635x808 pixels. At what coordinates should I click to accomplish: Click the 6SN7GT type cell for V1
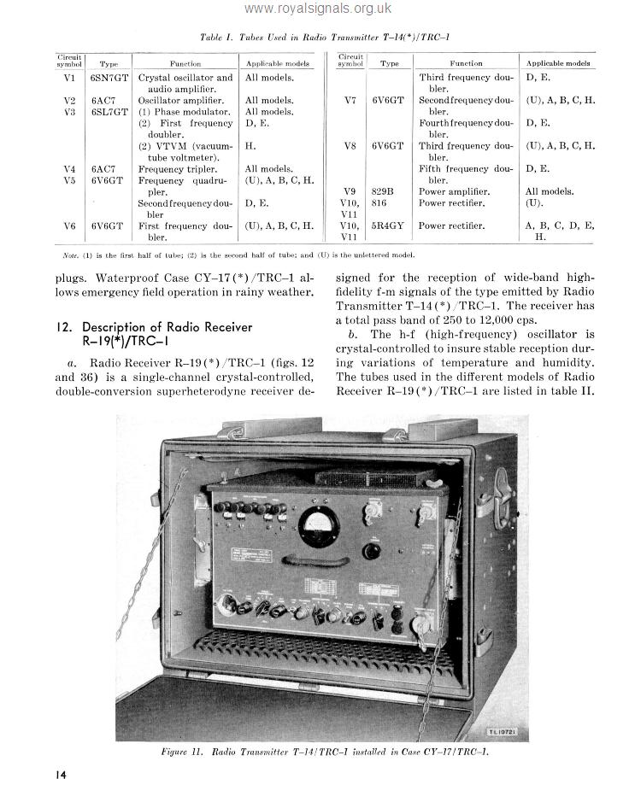pos(109,78)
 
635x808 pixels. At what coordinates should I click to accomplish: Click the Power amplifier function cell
pos(453,191)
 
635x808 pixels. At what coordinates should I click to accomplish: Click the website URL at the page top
pos(317,9)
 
